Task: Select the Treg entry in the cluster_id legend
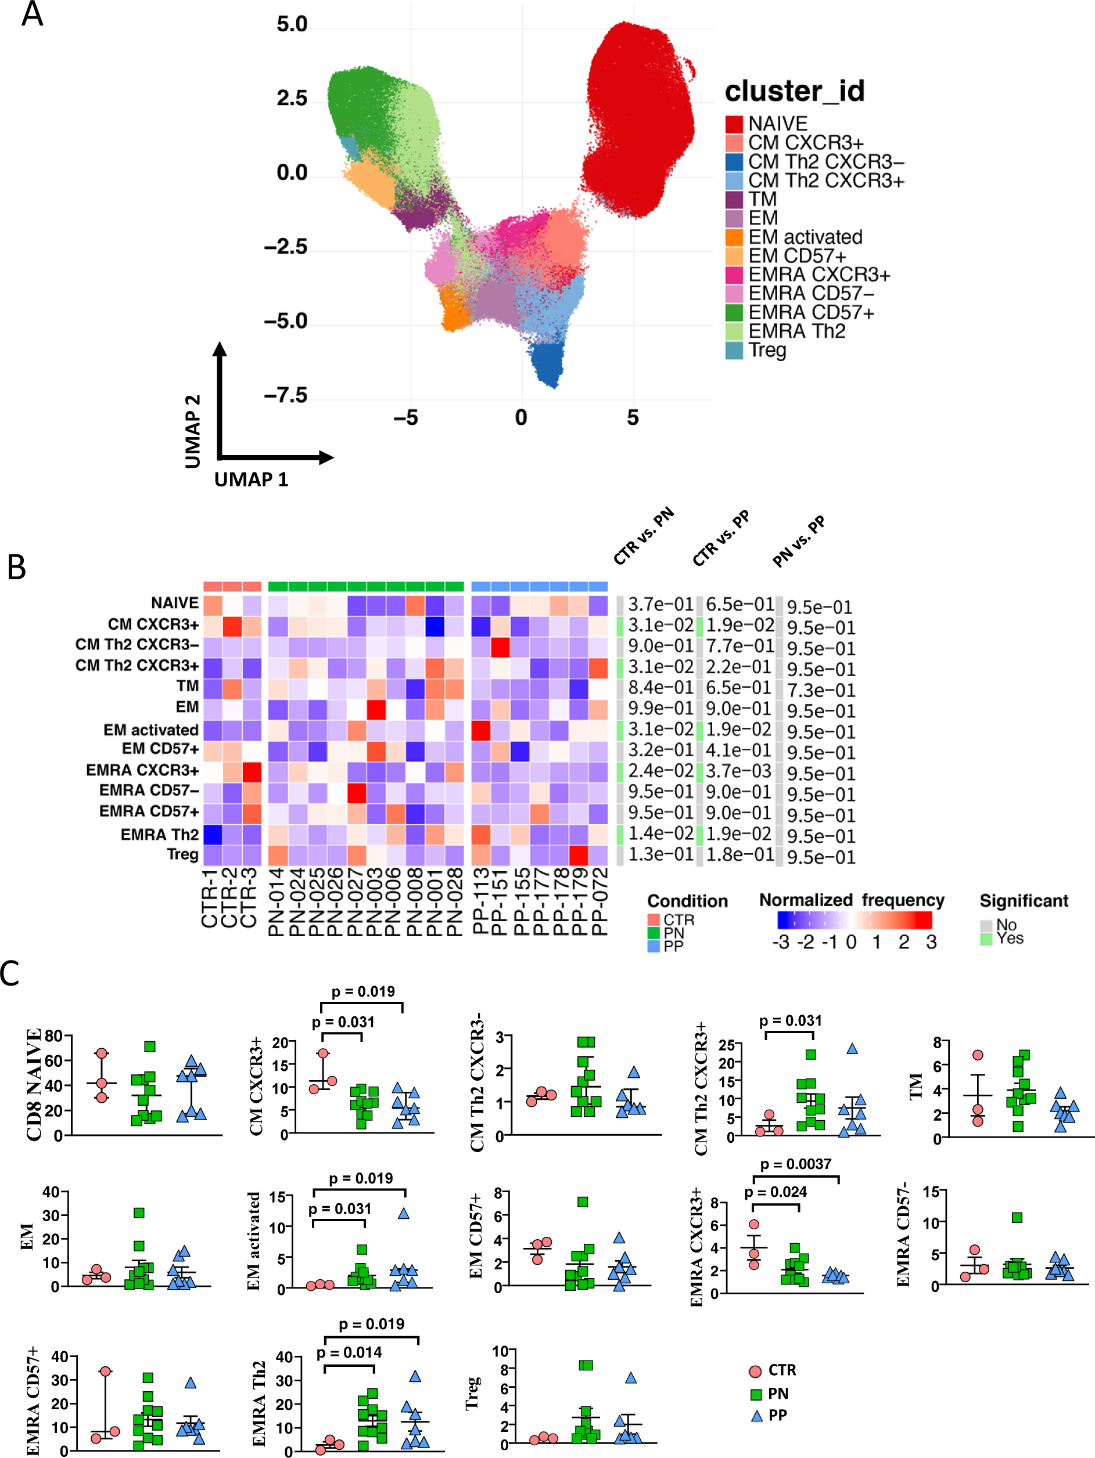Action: click(767, 350)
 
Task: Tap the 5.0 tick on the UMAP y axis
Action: click(292, 24)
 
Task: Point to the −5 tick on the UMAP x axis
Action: click(405, 417)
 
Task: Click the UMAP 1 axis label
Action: click(251, 479)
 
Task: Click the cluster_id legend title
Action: click(794, 91)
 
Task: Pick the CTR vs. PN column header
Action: click(643, 536)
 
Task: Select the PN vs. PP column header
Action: click(798, 541)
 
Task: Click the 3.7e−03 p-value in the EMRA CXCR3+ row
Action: click(739, 771)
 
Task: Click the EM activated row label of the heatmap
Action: click(150, 730)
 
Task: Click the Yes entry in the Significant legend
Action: click(1009, 938)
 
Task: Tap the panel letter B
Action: click(16, 567)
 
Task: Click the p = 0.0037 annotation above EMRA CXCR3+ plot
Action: click(795, 1164)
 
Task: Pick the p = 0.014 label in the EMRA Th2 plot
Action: click(349, 1352)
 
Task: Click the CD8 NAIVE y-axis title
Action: click(33, 1084)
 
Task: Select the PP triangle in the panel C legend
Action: click(757, 1415)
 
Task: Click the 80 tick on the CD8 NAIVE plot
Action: click(53, 1036)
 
